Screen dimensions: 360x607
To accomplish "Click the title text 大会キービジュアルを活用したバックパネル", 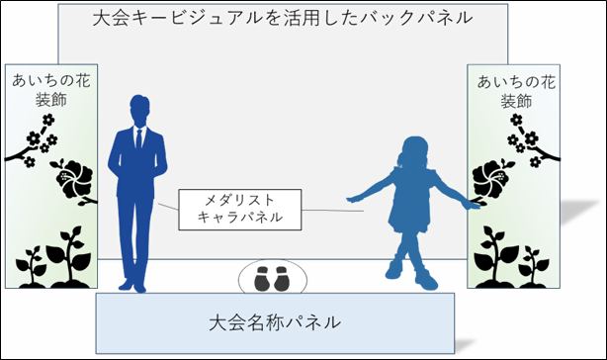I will pos(280,18).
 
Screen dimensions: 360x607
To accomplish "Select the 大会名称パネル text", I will pos(276,321).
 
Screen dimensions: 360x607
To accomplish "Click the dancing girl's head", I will pos(411,153).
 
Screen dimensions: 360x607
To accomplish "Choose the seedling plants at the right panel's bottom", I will pos(505,252).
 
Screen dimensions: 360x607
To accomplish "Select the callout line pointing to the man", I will pos(169,208).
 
